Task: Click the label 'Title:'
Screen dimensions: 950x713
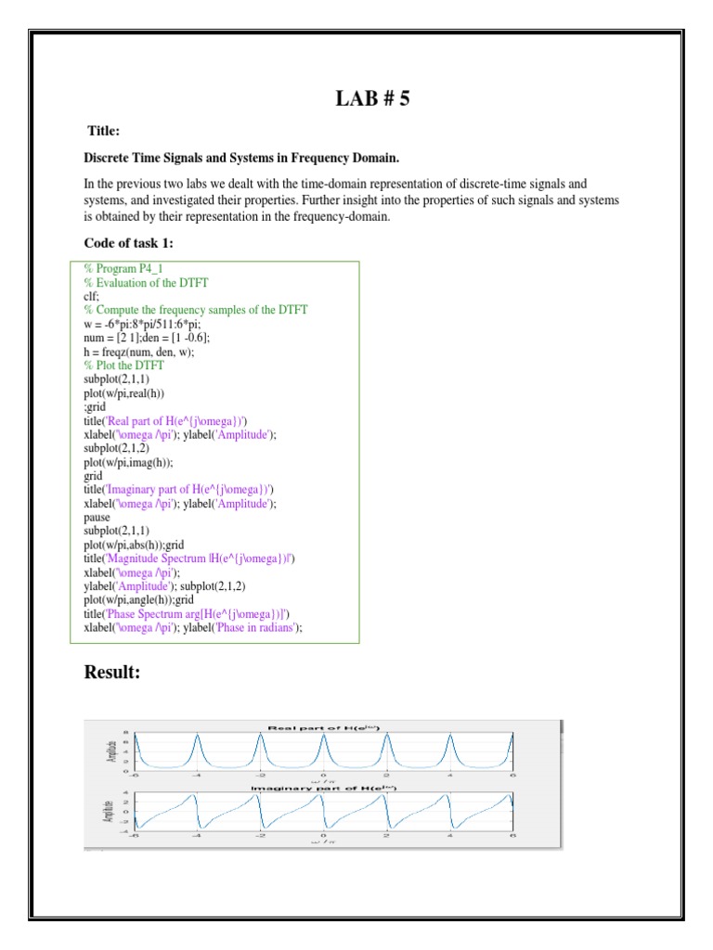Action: click(104, 131)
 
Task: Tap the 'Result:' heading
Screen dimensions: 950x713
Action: click(112, 672)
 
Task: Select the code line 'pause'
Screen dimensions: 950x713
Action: click(97, 517)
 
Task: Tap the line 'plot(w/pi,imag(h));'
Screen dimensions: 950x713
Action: click(135, 462)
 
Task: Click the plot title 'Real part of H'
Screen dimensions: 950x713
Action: click(323, 727)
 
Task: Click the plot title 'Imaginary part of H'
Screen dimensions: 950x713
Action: click(323, 788)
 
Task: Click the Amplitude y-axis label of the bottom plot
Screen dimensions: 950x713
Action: click(109, 814)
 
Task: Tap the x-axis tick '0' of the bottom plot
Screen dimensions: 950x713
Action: click(323, 835)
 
